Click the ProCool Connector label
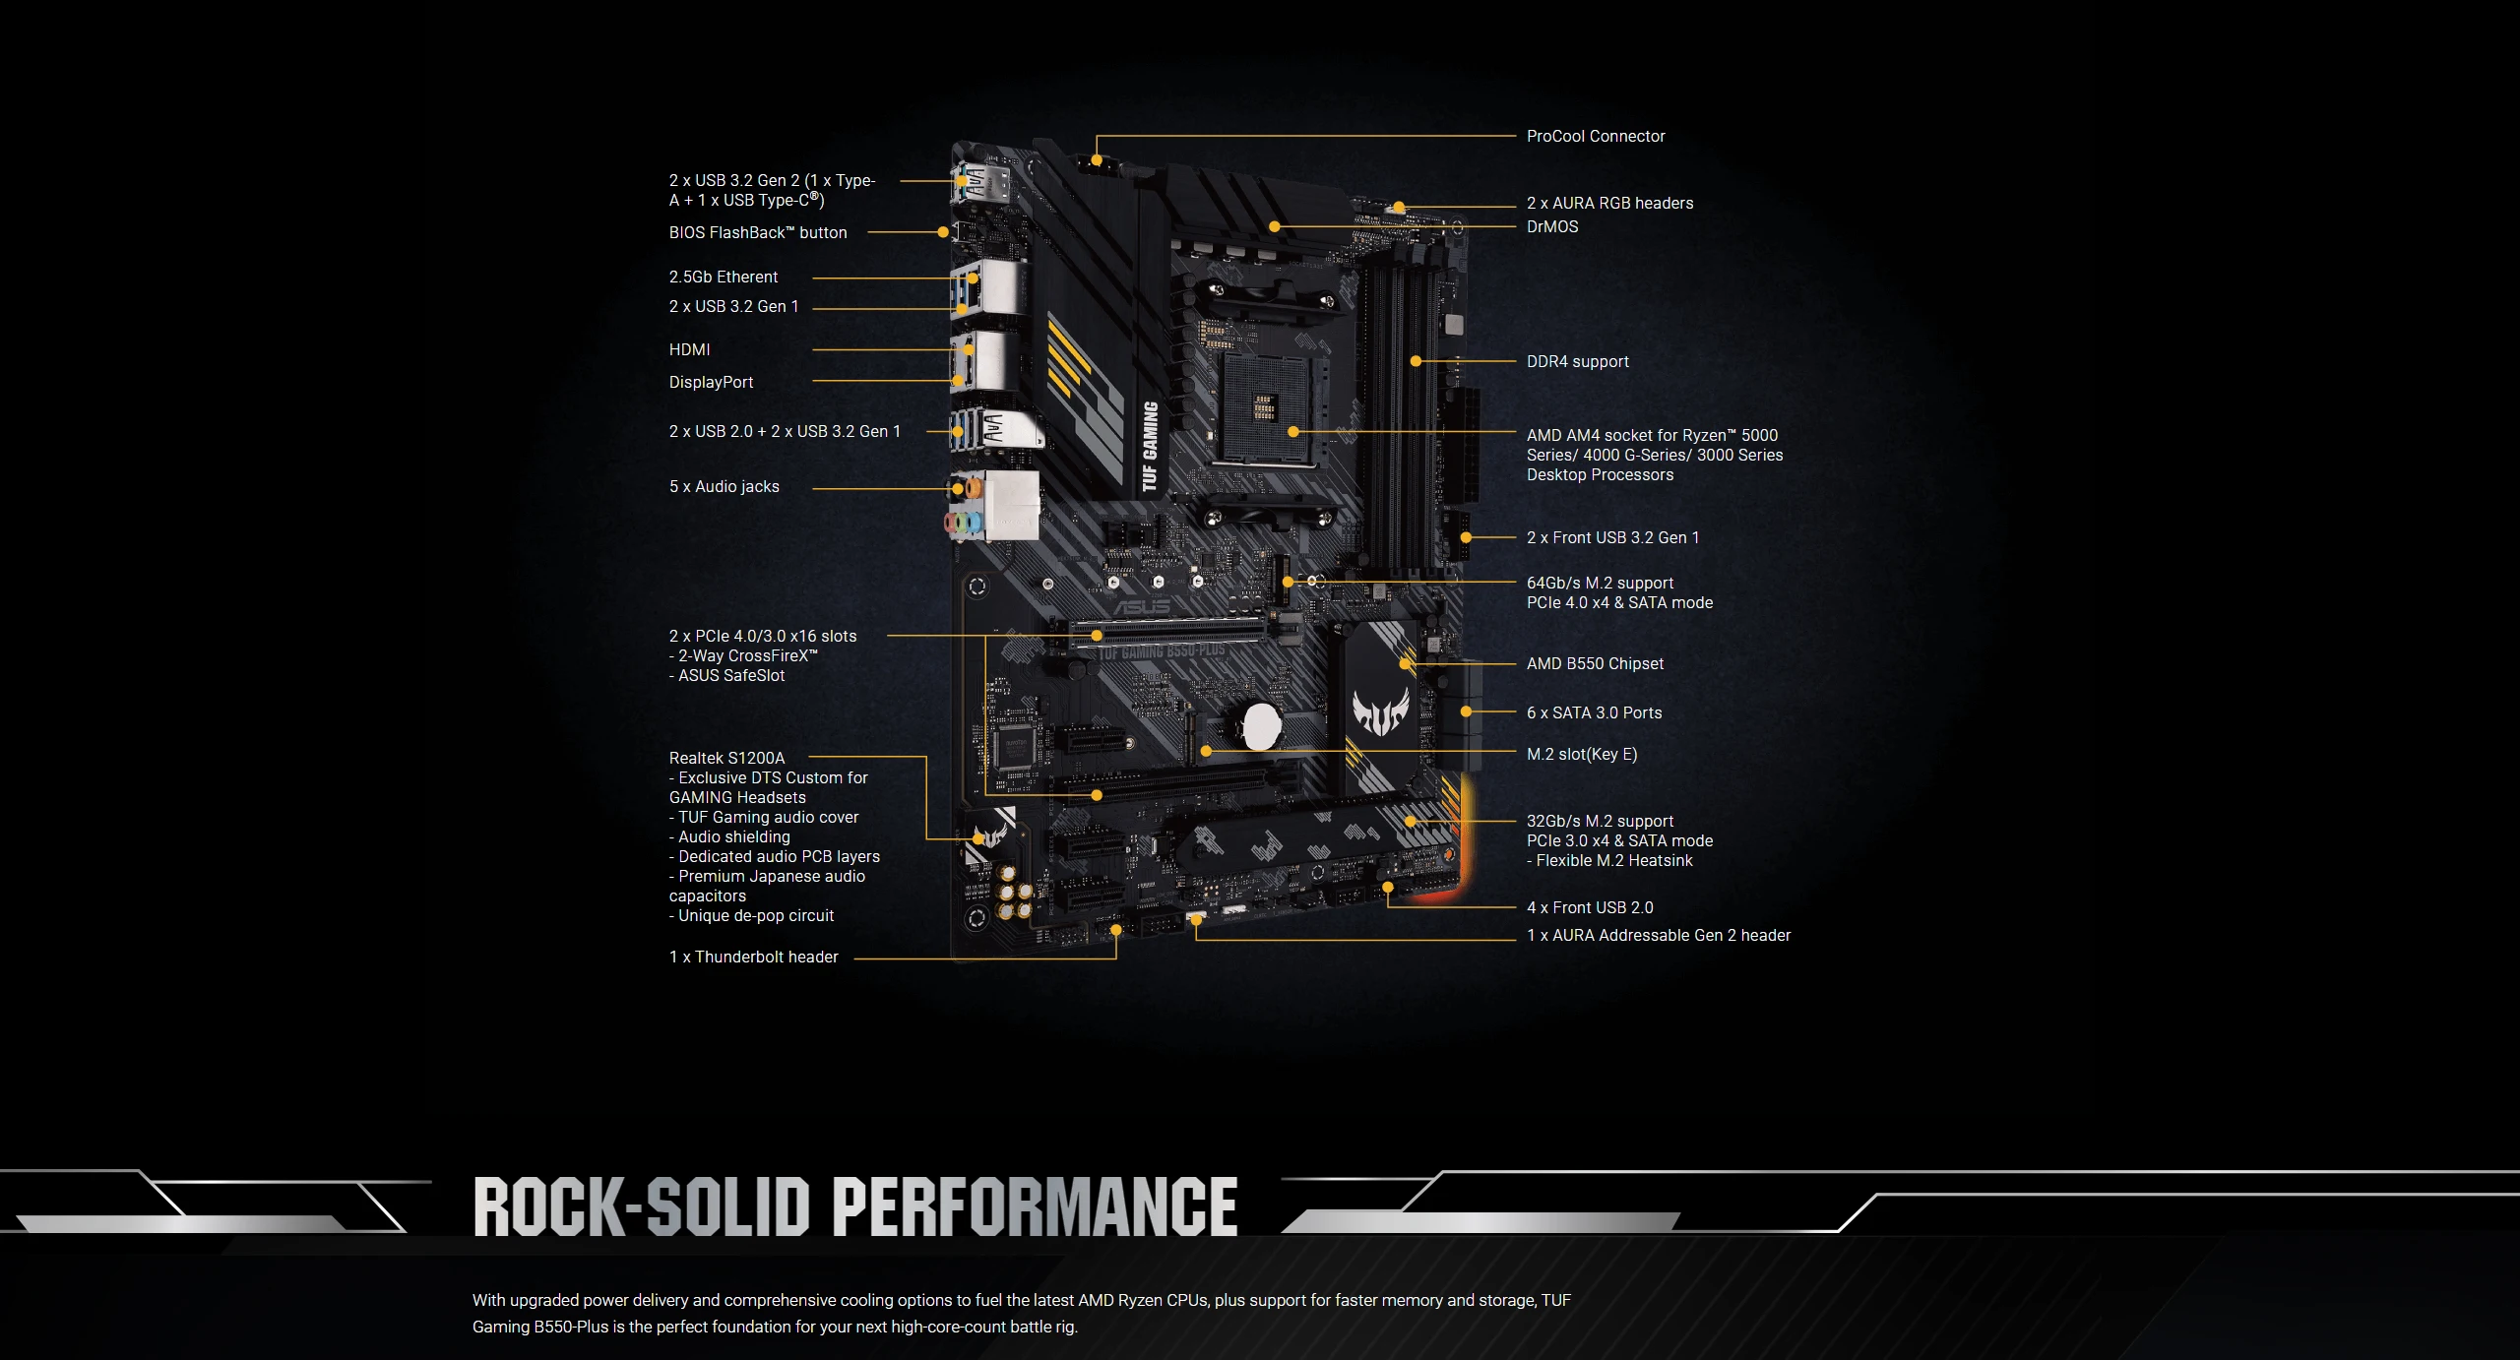[x=1595, y=137]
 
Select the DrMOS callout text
[x=1551, y=227]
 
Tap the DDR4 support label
[x=1577, y=362]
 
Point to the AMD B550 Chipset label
[x=1595, y=664]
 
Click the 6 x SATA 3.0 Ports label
[x=1594, y=713]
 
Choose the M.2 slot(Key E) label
[x=1581, y=755]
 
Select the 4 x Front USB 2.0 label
[x=1589, y=908]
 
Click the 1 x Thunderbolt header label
[x=753, y=958]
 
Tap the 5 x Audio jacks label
[x=724, y=487]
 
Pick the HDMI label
[x=689, y=350]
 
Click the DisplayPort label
[x=711, y=383]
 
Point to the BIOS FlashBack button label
[x=757, y=233]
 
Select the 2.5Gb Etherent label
[x=723, y=278]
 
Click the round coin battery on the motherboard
[x=1261, y=726]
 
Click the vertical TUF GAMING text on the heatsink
[x=1149, y=446]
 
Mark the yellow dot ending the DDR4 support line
[x=1416, y=362]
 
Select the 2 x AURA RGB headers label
[x=1609, y=204]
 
